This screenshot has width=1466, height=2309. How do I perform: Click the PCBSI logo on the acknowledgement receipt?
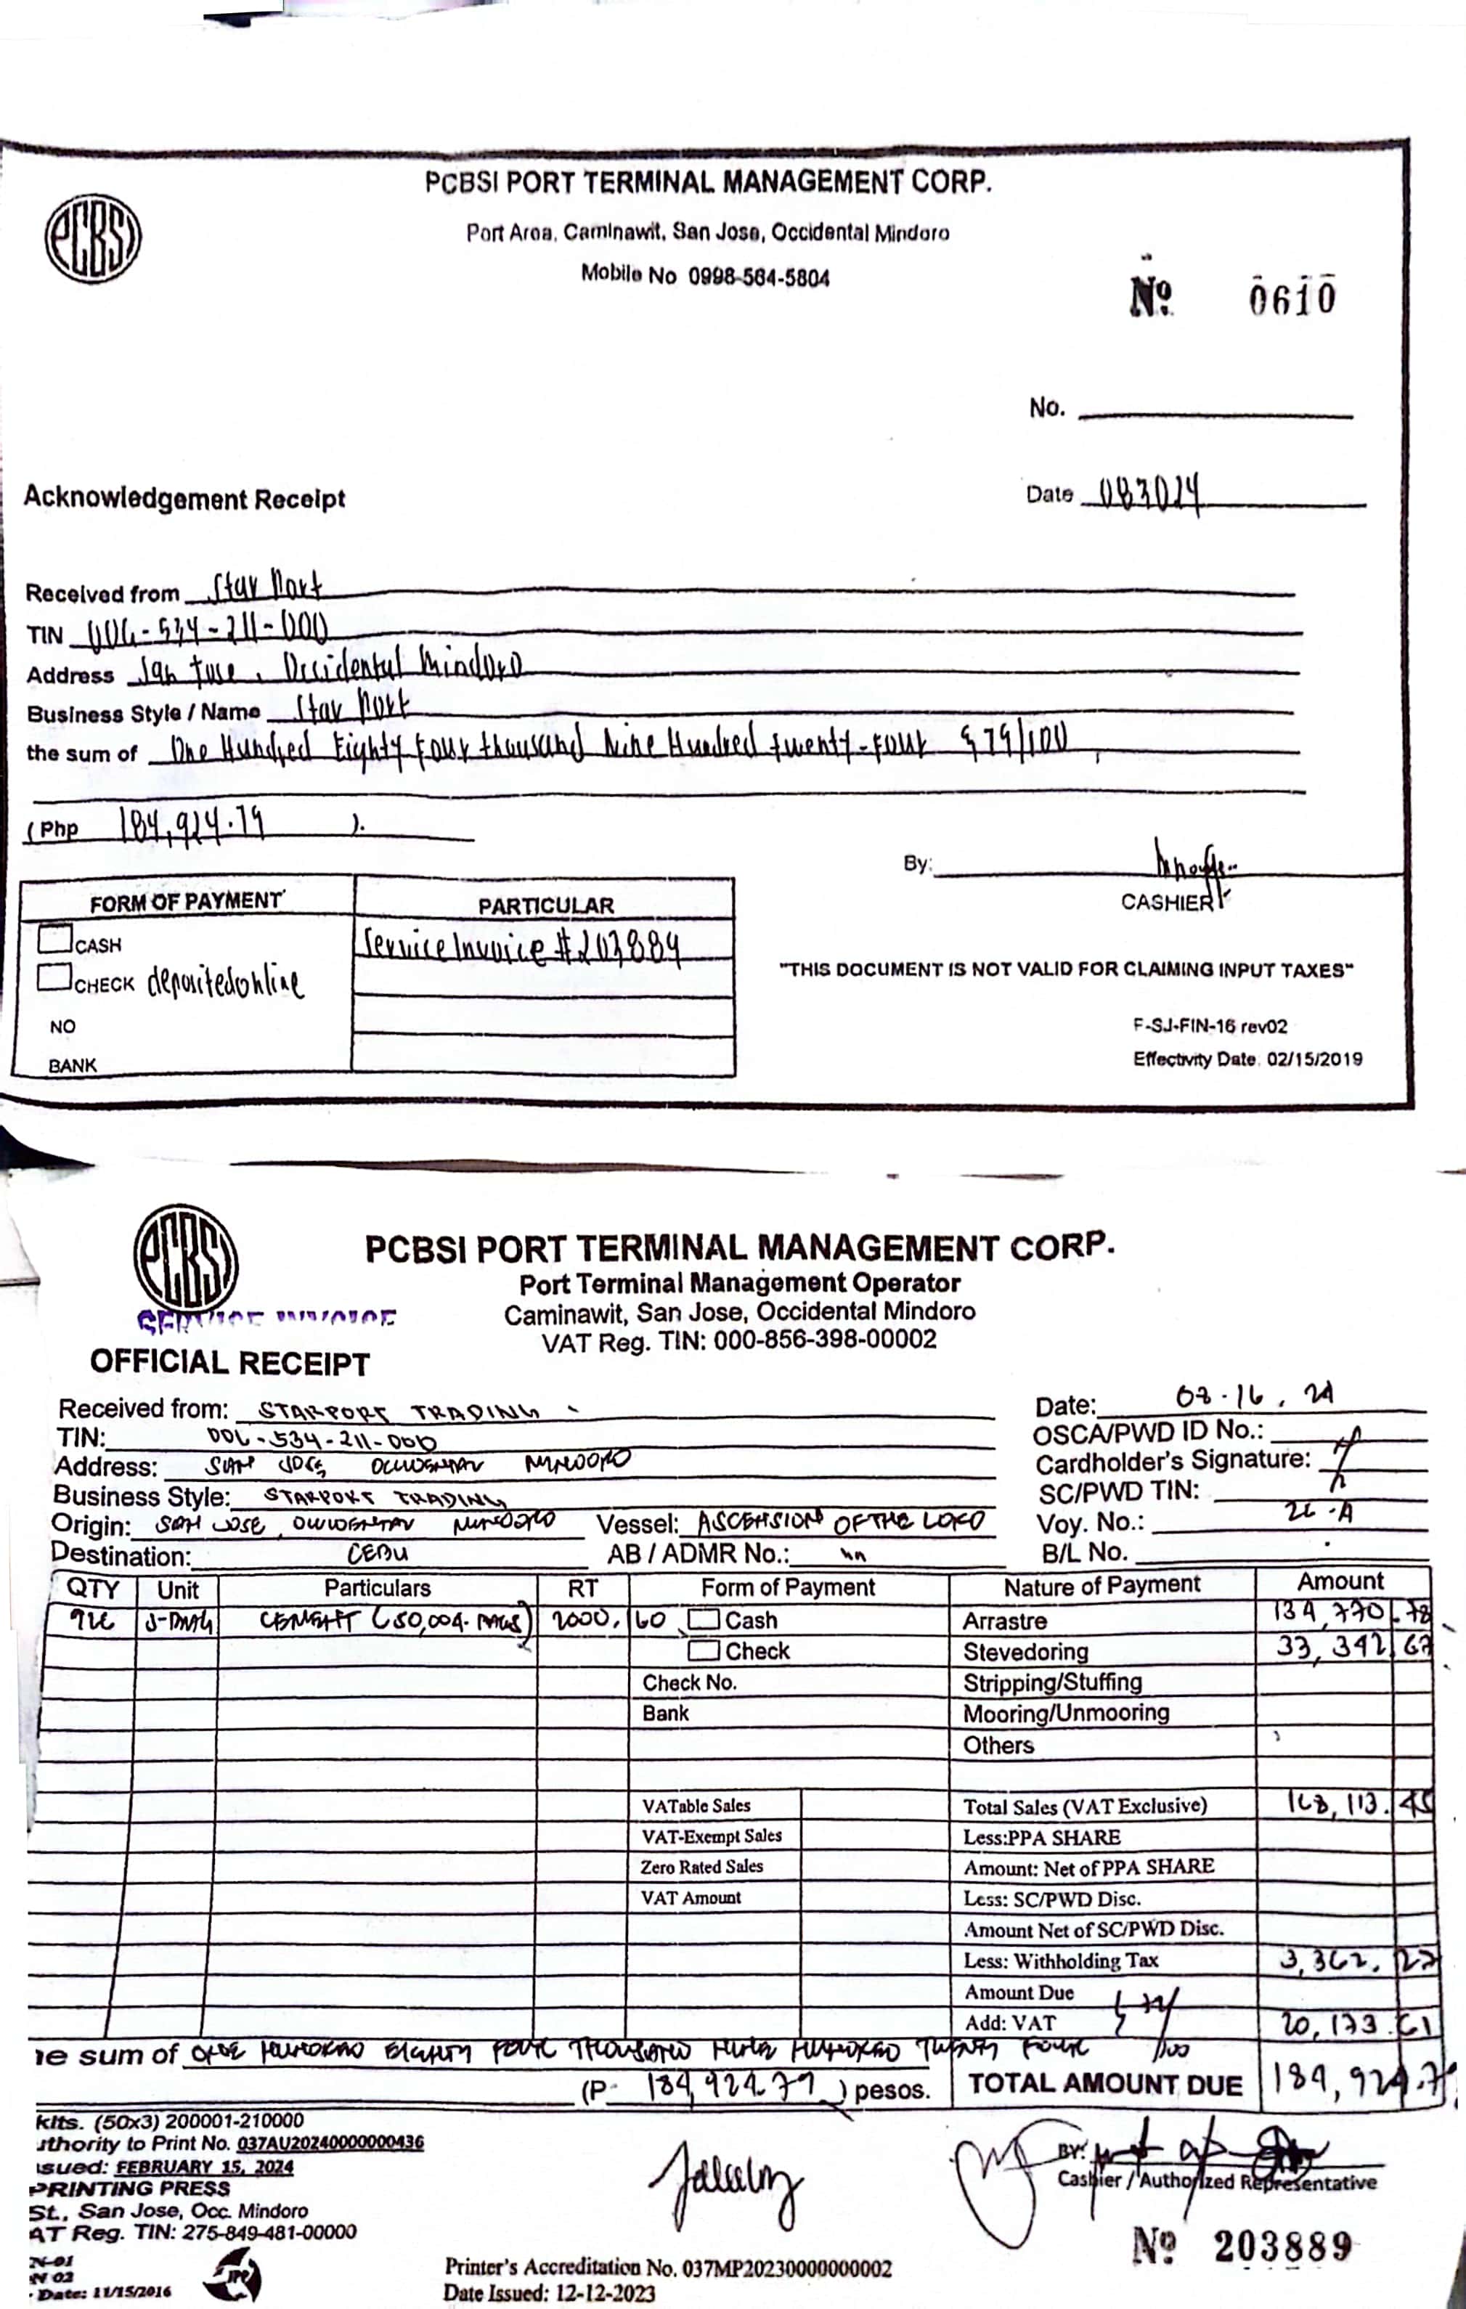pos(93,238)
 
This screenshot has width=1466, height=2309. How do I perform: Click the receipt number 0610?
pos(1292,298)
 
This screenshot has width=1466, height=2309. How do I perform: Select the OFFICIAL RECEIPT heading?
pos(229,1363)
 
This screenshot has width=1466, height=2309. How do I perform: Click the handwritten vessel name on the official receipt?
pos(840,1522)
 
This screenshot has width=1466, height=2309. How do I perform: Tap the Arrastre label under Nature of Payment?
pos(1005,1621)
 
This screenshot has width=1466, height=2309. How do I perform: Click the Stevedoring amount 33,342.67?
pos(1352,1646)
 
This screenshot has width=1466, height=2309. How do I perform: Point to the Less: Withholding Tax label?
pos(1060,1961)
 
